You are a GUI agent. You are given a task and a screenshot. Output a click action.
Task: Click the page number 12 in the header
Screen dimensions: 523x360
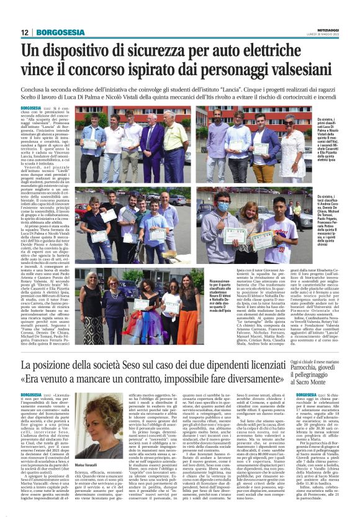pyautogui.click(x=24, y=32)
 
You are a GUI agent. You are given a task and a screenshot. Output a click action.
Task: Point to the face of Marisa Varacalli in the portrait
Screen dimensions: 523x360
pyautogui.click(x=103, y=416)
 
